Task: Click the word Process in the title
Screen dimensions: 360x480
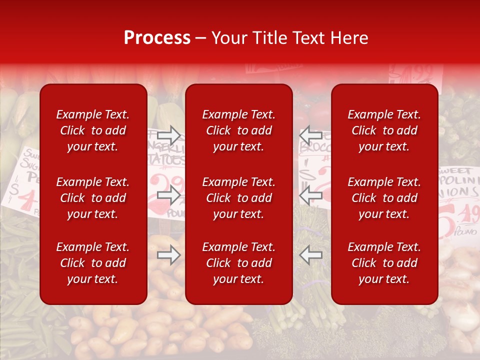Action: [157, 38]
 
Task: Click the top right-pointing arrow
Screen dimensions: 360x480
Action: [168, 135]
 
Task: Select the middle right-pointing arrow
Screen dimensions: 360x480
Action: [168, 195]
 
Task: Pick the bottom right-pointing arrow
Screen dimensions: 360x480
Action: [168, 255]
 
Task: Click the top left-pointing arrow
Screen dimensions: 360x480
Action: [310, 135]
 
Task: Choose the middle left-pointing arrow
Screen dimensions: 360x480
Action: [310, 195]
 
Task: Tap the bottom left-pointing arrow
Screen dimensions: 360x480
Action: [310, 255]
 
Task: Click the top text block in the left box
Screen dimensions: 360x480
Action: [93, 130]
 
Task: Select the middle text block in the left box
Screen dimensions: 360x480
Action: [93, 198]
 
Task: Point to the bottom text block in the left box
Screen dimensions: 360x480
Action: [93, 263]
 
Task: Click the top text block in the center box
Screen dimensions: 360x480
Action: [239, 130]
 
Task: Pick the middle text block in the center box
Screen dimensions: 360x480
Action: [239, 198]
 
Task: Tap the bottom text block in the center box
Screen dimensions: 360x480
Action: [239, 263]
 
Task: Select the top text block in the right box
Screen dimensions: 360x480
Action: [384, 130]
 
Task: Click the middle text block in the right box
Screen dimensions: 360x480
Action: [384, 198]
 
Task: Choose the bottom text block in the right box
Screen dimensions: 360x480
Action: [384, 263]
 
